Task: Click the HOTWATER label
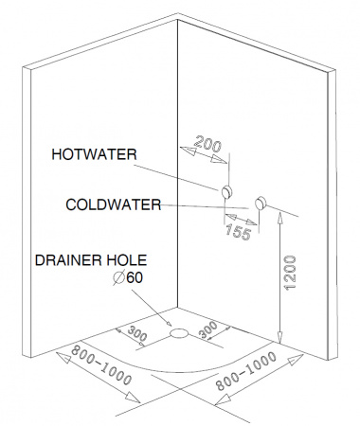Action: (94, 154)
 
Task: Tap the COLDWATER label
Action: (114, 204)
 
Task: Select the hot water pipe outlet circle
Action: (227, 191)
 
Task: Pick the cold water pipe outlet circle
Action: (261, 203)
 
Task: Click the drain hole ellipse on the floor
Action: (179, 333)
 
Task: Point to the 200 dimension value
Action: (207, 144)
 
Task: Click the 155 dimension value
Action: (239, 233)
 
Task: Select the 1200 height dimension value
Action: (290, 273)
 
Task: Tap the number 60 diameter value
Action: (135, 277)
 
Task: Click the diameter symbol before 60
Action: (118, 278)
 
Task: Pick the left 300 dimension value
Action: (137, 334)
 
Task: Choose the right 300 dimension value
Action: (208, 329)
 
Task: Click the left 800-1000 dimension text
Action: (100, 365)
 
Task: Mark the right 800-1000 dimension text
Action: (245, 371)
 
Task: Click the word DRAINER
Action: (68, 260)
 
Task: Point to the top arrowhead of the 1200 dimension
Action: (280, 216)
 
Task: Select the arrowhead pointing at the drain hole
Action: (169, 324)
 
